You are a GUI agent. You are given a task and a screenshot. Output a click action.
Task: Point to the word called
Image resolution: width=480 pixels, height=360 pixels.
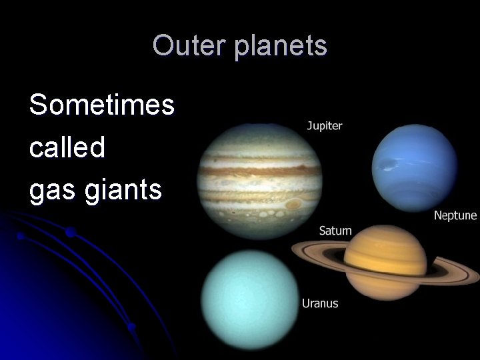coord(67,147)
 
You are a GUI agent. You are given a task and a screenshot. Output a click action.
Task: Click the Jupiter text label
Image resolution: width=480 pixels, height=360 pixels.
coord(324,125)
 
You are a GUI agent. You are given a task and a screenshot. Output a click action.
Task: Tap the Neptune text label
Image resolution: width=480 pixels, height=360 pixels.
coord(455,215)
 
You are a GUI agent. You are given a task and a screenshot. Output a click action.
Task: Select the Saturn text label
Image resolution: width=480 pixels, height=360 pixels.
coord(335,231)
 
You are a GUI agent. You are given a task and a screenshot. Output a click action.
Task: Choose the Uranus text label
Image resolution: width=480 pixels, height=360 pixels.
coord(320,303)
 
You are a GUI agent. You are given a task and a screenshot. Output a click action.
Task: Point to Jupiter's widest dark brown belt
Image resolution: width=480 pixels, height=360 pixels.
coord(260,171)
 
